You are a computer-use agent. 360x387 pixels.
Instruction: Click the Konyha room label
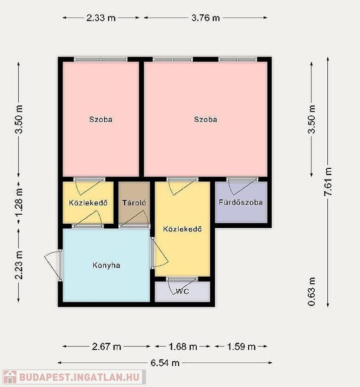(x=106, y=266)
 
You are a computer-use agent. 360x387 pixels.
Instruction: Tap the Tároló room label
(x=134, y=203)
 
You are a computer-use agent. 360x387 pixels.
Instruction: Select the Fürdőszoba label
(x=241, y=203)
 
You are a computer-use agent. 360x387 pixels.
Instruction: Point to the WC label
(x=182, y=291)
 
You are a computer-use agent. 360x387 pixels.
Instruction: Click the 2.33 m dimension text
(x=101, y=18)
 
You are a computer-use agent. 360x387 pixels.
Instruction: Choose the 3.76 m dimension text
(x=205, y=18)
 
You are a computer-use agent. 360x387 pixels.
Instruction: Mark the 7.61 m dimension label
(x=328, y=181)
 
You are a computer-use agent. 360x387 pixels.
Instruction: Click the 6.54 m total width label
(x=165, y=363)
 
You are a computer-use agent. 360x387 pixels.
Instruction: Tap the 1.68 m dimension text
(x=183, y=347)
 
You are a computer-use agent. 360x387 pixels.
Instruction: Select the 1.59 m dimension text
(x=241, y=347)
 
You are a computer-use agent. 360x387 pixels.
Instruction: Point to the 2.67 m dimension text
(x=106, y=347)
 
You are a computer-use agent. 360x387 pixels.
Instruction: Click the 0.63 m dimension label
(x=312, y=291)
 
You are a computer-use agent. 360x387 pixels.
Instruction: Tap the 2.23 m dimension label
(x=19, y=265)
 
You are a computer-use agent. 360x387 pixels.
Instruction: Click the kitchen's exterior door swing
(x=52, y=265)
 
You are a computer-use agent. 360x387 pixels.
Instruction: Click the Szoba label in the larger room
(x=205, y=119)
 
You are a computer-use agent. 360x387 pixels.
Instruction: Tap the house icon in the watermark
(x=10, y=377)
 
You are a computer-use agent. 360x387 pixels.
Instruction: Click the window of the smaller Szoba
(x=101, y=59)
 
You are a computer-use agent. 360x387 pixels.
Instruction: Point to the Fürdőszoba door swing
(x=242, y=186)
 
